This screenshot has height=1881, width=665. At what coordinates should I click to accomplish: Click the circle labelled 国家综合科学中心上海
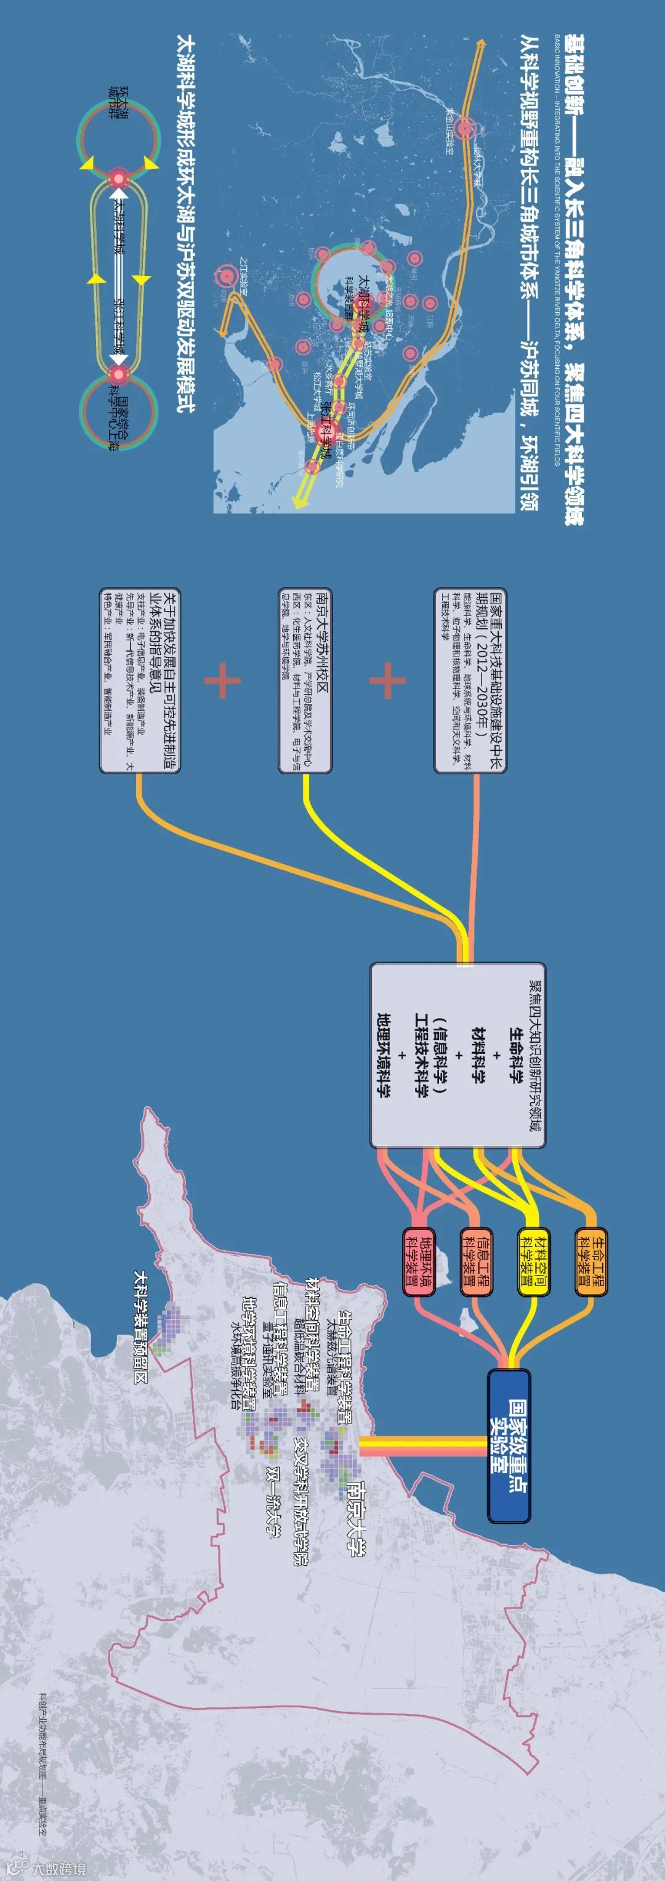(x=119, y=412)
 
